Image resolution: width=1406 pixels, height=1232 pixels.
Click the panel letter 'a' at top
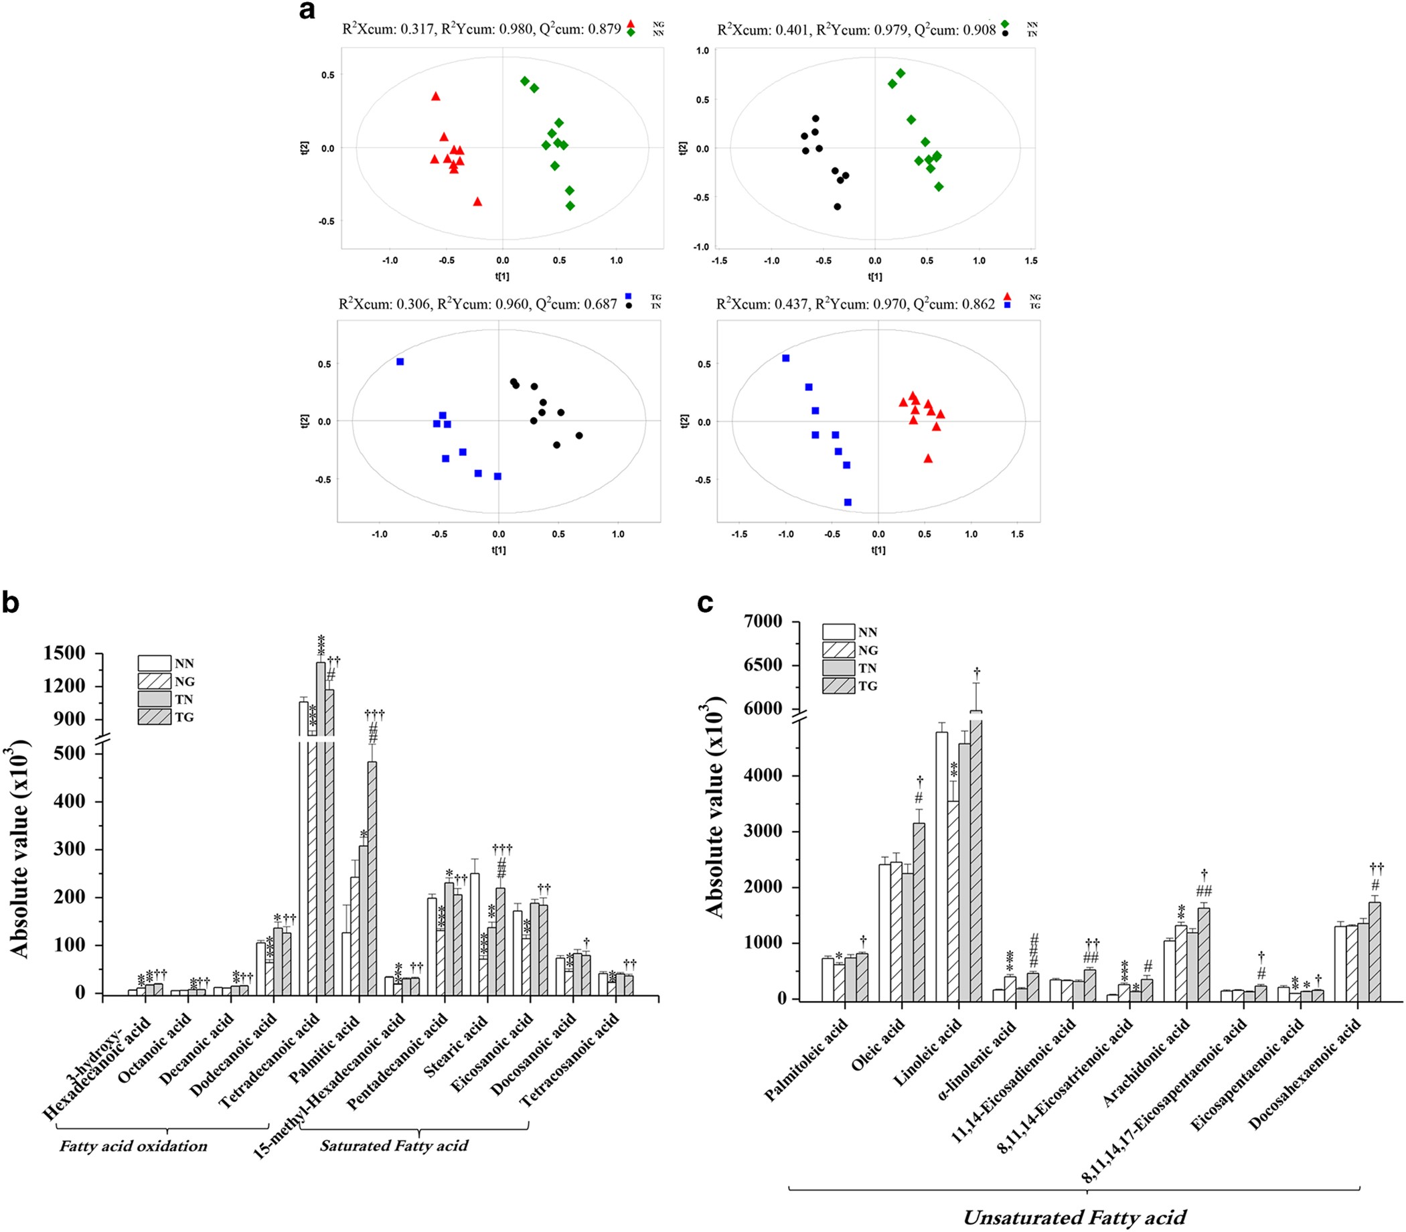[x=307, y=11]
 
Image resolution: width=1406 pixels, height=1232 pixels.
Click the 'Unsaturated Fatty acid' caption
[x=1074, y=1217]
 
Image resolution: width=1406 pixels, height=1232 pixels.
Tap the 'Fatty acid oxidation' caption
[x=133, y=1146]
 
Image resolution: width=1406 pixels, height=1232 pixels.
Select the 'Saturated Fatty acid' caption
[x=393, y=1146]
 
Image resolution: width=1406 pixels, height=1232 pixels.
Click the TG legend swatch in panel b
[x=154, y=717]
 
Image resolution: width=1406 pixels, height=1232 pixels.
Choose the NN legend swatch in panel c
[x=838, y=632]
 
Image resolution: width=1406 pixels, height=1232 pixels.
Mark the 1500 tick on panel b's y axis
[x=65, y=653]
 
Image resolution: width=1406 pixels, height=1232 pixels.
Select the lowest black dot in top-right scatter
[x=837, y=206]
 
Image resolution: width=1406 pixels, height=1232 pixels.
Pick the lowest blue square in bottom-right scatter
[x=848, y=502]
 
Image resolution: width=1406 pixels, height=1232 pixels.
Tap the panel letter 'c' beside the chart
[x=705, y=603]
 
